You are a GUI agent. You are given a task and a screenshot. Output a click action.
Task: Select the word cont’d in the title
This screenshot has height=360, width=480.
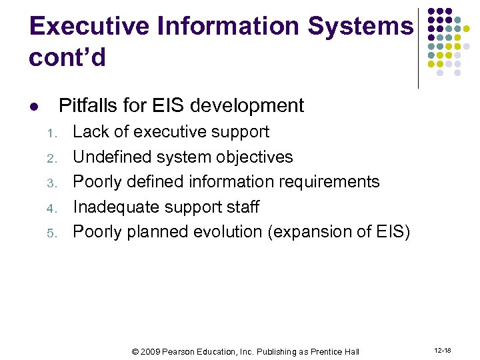pyautogui.click(x=67, y=58)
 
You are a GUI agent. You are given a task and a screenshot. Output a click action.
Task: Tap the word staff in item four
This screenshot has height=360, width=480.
pyautogui.click(x=243, y=207)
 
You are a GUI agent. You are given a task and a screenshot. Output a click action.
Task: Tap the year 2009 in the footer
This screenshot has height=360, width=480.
pyautogui.click(x=151, y=351)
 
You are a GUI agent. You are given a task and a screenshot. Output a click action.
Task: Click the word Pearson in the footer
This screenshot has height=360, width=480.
pyautogui.click(x=179, y=351)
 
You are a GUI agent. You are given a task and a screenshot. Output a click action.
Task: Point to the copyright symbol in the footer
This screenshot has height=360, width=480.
pyautogui.click(x=135, y=351)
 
